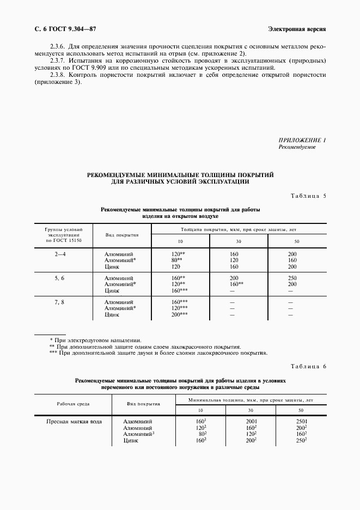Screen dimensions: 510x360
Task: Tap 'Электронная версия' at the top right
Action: pyautogui.click(x=297, y=28)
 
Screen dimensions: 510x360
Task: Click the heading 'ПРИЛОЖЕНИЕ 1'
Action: pyautogui.click(x=302, y=141)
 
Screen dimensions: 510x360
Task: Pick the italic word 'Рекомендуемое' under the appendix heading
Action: pyautogui.click(x=297, y=148)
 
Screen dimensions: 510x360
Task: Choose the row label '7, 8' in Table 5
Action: pyautogui.click(x=60, y=302)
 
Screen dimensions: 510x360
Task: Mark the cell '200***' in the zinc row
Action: pyautogui.click(x=180, y=315)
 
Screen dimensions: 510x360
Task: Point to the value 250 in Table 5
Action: pyautogui.click(x=293, y=278)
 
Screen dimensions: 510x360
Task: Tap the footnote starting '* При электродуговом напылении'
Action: pyautogui.click(x=95, y=340)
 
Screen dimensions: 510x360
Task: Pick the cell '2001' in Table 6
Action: pyautogui.click(x=251, y=421)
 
